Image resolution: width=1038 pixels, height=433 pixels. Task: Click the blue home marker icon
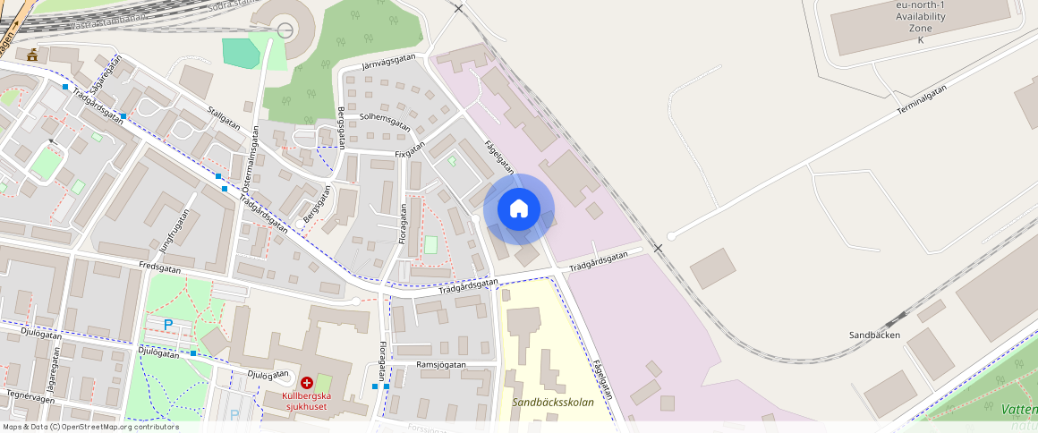[x=519, y=209]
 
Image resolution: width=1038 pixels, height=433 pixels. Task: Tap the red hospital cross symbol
[x=307, y=382]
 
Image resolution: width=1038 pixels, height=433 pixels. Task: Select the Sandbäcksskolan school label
[x=552, y=403]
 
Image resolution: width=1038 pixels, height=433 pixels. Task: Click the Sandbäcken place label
[x=874, y=335]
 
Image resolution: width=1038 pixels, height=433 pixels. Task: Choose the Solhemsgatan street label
[x=385, y=122]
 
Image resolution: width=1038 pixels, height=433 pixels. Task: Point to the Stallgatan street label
[x=224, y=119]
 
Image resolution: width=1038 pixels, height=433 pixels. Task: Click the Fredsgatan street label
[x=160, y=267]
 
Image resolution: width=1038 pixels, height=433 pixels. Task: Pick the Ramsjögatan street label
[x=441, y=365]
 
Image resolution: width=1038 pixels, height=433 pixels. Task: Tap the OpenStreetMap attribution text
[x=90, y=427]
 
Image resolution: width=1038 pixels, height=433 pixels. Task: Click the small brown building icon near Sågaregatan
[x=33, y=55]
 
